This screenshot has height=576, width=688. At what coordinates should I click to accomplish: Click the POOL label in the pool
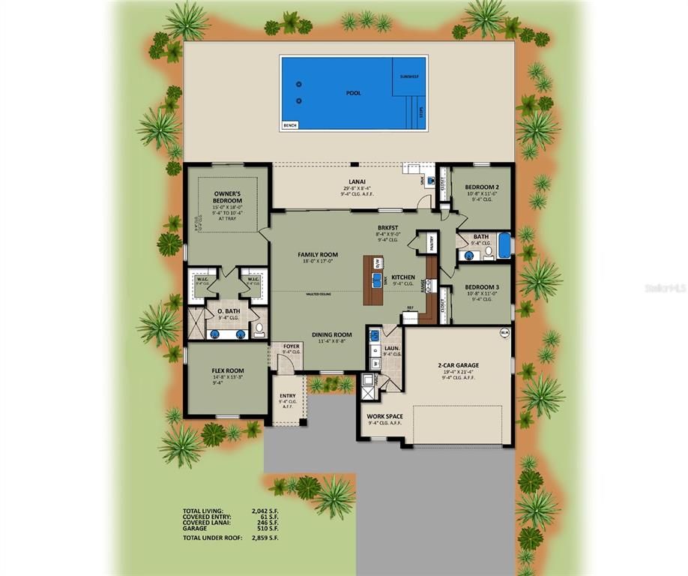click(x=353, y=93)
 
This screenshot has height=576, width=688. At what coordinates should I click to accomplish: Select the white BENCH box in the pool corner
click(x=289, y=125)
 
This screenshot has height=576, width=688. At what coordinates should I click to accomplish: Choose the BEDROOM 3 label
click(x=481, y=287)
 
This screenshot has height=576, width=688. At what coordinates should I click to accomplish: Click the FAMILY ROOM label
click(x=318, y=255)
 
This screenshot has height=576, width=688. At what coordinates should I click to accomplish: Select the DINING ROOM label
click(x=332, y=335)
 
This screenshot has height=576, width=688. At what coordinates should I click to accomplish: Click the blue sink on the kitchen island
click(x=377, y=280)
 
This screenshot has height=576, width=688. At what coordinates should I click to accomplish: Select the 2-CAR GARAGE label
click(x=458, y=366)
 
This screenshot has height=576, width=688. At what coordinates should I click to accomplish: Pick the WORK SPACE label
click(x=384, y=416)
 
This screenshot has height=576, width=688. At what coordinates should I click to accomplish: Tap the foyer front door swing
click(x=285, y=364)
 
